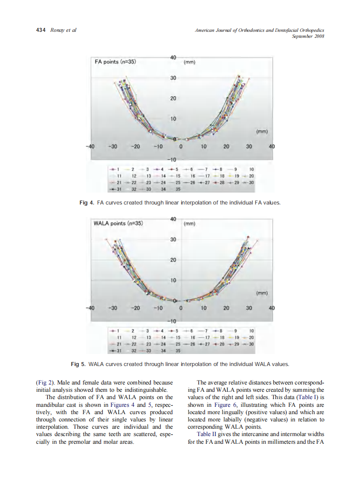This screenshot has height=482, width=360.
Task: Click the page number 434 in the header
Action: [x=40, y=30]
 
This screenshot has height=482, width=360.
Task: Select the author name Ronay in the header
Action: [x=57, y=30]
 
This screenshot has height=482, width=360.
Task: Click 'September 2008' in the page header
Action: [x=308, y=36]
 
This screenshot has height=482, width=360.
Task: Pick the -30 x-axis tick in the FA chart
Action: [x=113, y=146]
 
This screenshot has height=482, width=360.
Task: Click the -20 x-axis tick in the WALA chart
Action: [x=135, y=308]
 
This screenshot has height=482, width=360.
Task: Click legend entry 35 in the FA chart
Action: [x=177, y=189]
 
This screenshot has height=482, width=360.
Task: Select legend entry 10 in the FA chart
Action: [x=252, y=169]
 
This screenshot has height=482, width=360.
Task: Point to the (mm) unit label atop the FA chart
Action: [x=189, y=62]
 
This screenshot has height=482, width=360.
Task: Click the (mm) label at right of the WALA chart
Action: [x=262, y=293]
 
